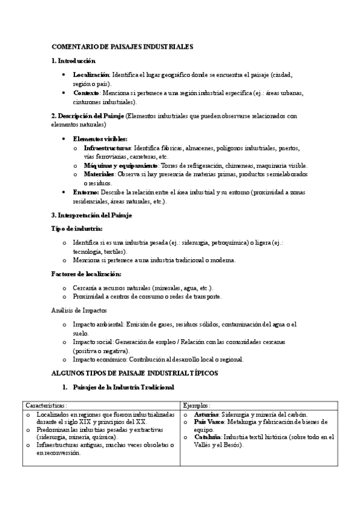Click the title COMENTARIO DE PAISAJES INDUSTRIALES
pos(123,46)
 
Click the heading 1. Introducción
pos(73,61)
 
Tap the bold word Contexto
pos(87,93)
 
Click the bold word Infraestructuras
pos(107,147)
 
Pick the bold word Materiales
pos(99,174)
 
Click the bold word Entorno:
pos(86,192)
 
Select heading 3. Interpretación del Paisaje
pos(92,215)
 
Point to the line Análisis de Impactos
pos(79,310)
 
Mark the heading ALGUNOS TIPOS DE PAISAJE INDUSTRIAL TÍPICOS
pos(135,373)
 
